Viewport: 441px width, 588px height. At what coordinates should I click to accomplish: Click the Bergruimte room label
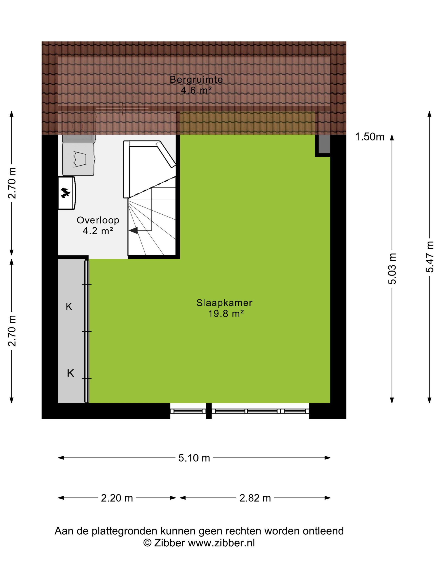196,79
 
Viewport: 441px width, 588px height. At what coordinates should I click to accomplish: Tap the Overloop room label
98,220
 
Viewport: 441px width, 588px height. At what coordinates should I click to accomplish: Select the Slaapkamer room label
224,303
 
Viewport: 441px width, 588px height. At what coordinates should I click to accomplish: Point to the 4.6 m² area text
196,90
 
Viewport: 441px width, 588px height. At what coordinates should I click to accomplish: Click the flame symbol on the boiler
65,193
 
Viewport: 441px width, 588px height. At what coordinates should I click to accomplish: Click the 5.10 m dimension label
194,458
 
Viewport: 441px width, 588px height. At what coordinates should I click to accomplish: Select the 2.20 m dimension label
117,498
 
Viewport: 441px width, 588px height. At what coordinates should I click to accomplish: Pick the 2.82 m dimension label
255,498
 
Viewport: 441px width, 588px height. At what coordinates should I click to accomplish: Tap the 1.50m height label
370,137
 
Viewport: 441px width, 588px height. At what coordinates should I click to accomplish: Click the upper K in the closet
69,307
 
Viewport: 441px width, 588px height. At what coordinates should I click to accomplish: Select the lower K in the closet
70,373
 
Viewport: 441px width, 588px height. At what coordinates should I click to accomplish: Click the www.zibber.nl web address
221,543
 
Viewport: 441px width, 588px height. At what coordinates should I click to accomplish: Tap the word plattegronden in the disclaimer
124,531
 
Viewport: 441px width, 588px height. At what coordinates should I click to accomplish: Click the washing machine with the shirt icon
79,159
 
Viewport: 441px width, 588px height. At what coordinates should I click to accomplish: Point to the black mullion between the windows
209,411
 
